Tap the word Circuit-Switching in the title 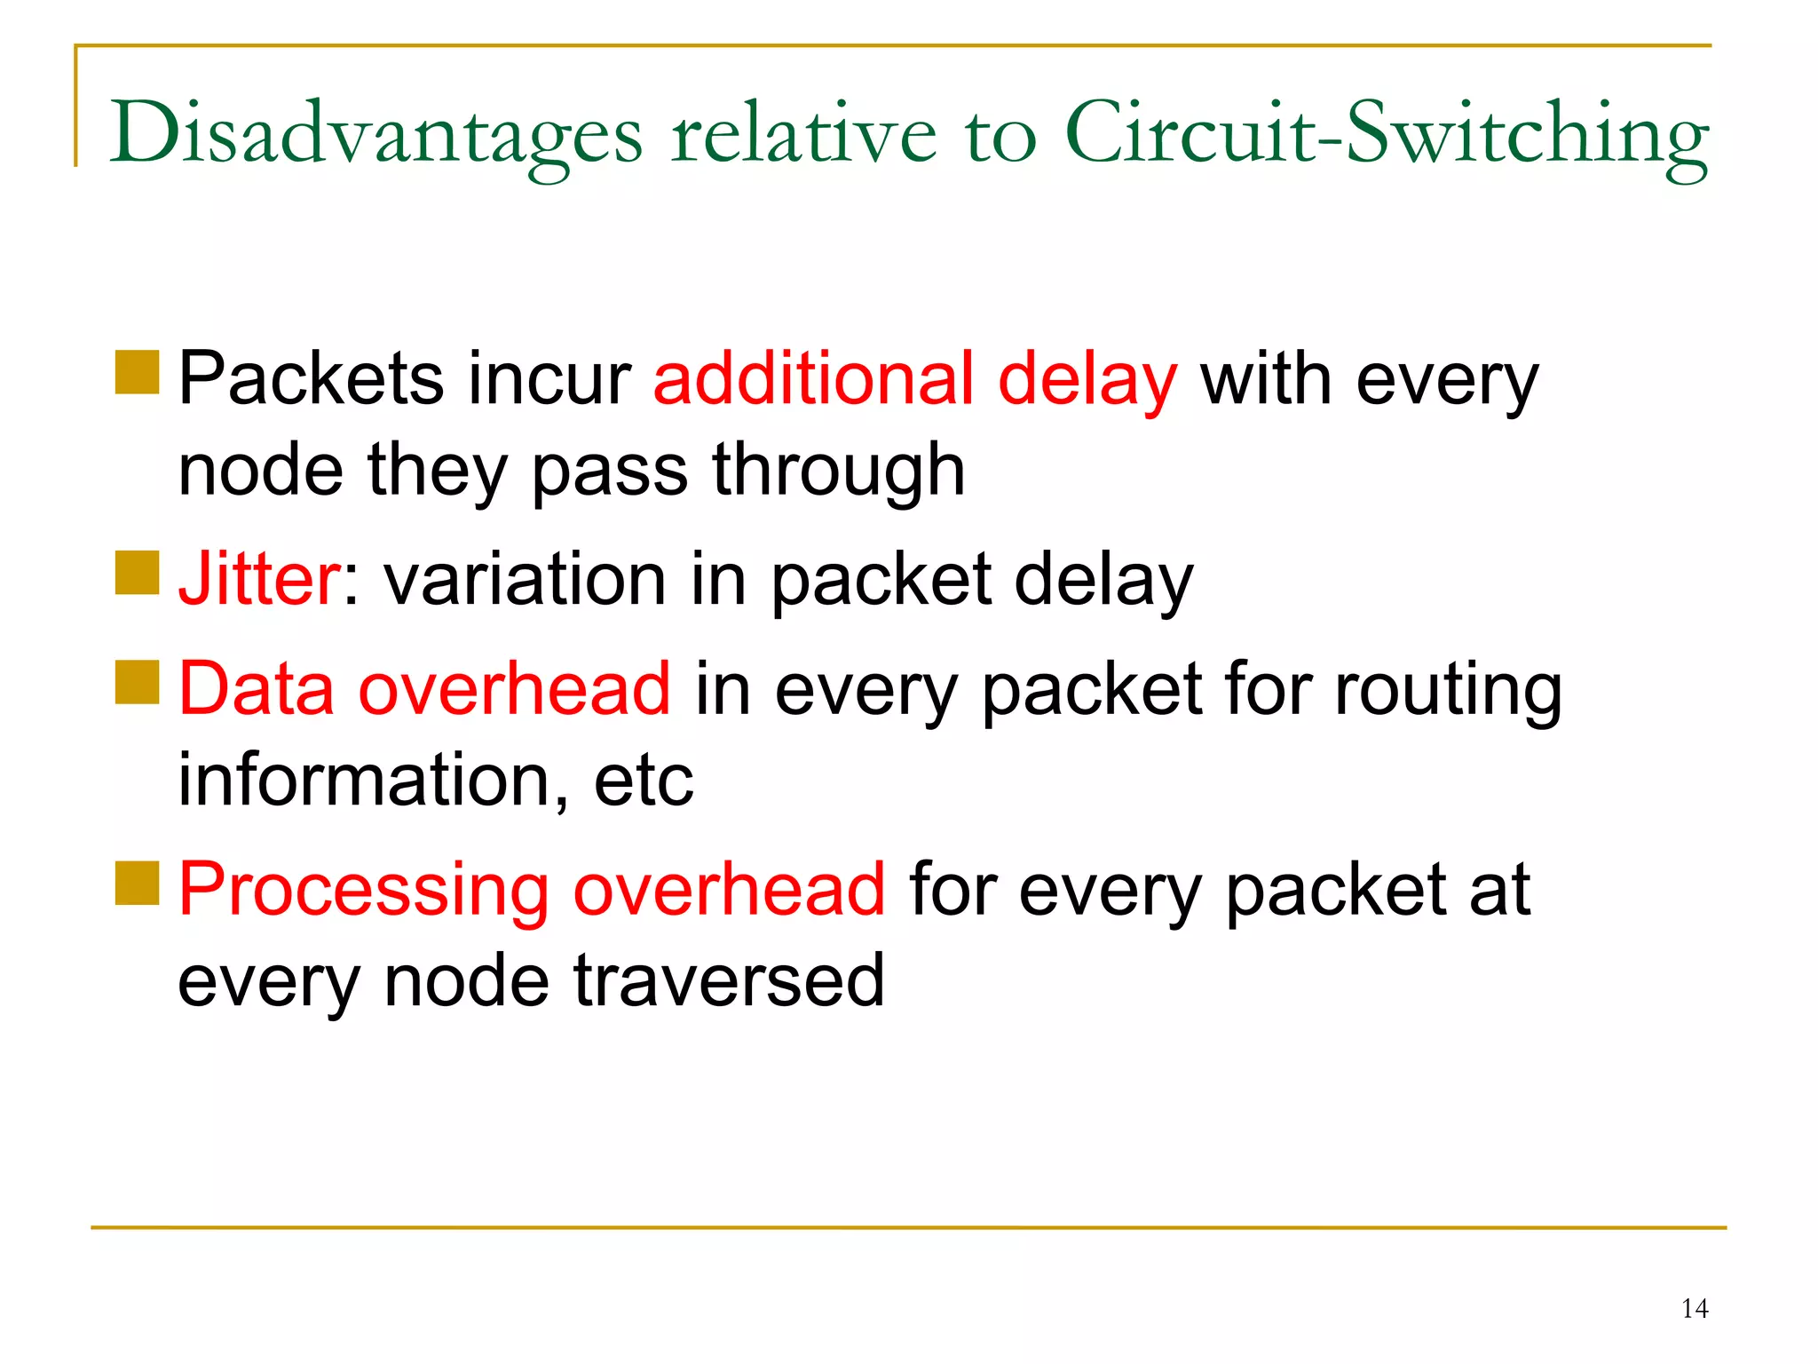pos(1387,135)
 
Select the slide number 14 pos(1695,1308)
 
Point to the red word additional pos(813,380)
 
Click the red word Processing pos(363,890)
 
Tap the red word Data pos(256,689)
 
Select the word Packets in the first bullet pos(311,380)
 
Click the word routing pos(1448,691)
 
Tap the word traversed pos(728,980)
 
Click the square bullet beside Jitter pos(137,573)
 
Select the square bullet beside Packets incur pos(137,372)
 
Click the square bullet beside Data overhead pos(137,682)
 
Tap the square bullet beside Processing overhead pos(137,883)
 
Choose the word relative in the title pos(803,135)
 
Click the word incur pos(549,380)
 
